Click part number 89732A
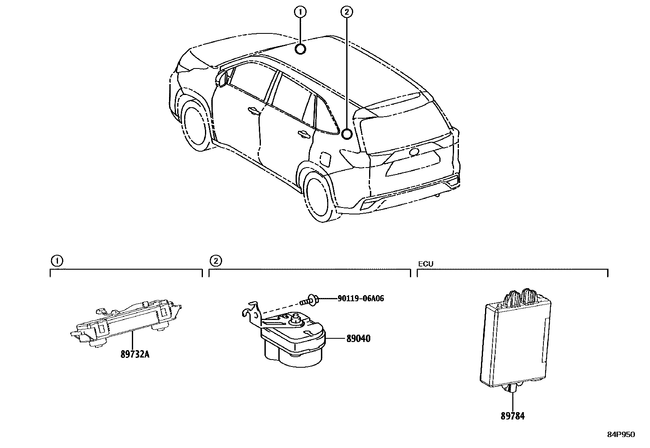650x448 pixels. tap(135, 354)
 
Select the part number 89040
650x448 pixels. tap(358, 338)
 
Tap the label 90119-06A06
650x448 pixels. tap(361, 298)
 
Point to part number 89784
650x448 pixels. tap(512, 416)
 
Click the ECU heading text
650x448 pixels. tap(425, 264)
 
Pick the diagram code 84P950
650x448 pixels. tap(621, 435)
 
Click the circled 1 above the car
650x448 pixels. tap(301, 12)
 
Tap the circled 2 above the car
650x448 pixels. tap(347, 12)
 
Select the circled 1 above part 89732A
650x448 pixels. tap(57, 260)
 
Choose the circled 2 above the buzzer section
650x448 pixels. tap(216, 260)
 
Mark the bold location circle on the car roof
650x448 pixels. tap(301, 49)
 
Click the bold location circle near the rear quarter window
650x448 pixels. tap(347, 134)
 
